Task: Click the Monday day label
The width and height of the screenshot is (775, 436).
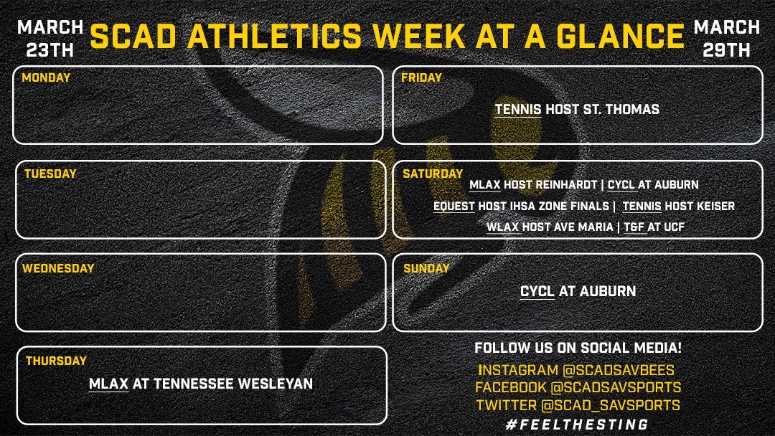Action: (x=46, y=77)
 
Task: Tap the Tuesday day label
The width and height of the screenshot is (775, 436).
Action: (x=50, y=174)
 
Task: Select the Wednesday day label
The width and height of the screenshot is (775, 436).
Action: (x=58, y=269)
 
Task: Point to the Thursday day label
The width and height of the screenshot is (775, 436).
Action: (x=56, y=361)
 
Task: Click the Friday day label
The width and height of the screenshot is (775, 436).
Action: (x=422, y=77)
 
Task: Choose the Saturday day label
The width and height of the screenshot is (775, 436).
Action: (x=433, y=174)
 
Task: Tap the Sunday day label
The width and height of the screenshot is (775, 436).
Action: (x=426, y=269)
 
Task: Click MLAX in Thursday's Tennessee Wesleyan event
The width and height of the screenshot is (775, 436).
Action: (x=108, y=384)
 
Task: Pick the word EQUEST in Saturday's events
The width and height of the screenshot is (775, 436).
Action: (x=454, y=207)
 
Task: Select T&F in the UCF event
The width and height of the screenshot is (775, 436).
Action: (x=633, y=227)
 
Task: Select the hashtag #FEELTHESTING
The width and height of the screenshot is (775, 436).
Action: (x=577, y=424)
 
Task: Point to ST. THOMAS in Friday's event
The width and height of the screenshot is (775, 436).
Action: (x=626, y=110)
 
